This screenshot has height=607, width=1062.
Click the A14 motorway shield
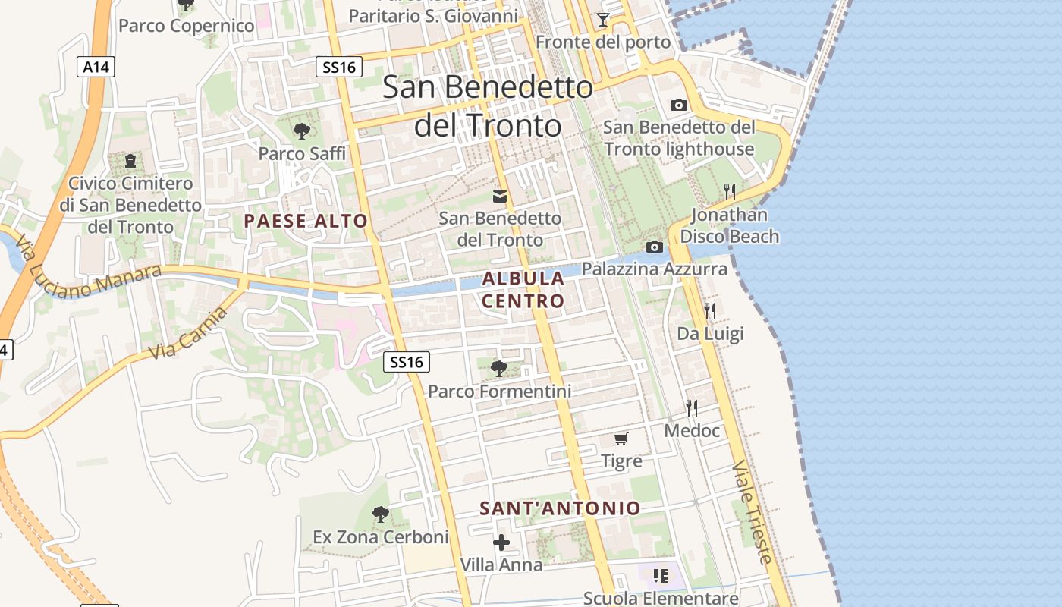(96, 67)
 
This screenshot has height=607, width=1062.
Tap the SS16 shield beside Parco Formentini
(406, 362)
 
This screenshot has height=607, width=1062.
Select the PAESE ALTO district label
(306, 222)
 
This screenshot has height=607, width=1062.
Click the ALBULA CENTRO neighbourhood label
(523, 289)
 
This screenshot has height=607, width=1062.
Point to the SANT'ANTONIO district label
(560, 508)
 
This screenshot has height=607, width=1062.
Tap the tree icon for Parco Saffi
(302, 131)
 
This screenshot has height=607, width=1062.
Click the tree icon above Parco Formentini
(499, 369)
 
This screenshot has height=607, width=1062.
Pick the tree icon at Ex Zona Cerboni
(381, 514)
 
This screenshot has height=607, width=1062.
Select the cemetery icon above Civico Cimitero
(130, 161)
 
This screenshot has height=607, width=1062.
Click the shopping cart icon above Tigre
(621, 439)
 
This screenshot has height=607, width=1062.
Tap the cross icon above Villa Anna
(501, 543)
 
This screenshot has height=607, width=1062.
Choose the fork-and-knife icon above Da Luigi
(710, 310)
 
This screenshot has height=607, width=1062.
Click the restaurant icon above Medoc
(692, 408)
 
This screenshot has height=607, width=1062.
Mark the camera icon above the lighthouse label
(679, 105)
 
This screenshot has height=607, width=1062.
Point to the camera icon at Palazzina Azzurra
(654, 247)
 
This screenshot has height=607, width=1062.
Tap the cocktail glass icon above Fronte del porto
(603, 20)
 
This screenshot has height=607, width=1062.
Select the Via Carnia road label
(187, 334)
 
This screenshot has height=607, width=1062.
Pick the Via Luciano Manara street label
(87, 270)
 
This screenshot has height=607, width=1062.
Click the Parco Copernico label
(187, 26)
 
